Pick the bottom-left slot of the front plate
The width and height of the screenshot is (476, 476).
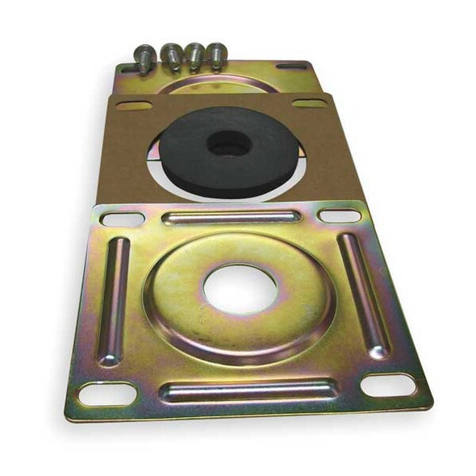tap(106, 394)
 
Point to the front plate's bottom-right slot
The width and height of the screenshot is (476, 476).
tap(388, 385)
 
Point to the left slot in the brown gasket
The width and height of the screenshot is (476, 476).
tap(133, 106)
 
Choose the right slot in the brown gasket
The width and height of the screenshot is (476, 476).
tap(309, 103)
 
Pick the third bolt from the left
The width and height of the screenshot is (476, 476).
tap(194, 56)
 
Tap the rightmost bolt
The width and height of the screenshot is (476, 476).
tap(216, 55)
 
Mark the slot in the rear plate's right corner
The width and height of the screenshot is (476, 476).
tap(291, 65)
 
